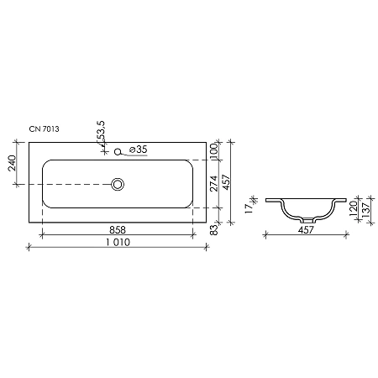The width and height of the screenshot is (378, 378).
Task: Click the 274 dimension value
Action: tap(214, 182)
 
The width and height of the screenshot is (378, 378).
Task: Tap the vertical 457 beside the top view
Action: tap(226, 182)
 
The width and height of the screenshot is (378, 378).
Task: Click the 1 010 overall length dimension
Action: tap(118, 242)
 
